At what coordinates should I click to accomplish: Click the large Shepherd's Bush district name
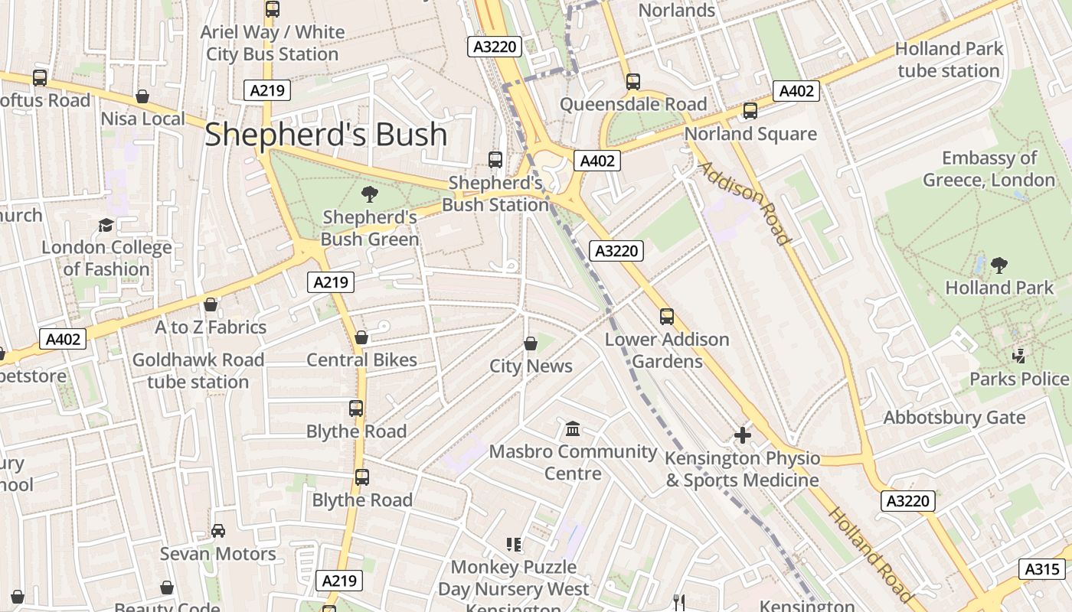tap(325, 135)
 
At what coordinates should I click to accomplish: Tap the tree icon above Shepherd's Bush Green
tap(370, 194)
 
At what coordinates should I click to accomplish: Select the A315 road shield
tap(1042, 569)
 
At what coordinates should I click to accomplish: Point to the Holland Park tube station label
tap(949, 60)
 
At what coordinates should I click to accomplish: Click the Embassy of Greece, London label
tap(989, 169)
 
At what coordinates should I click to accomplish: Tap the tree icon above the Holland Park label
tap(998, 265)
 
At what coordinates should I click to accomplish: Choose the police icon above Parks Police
tap(1018, 356)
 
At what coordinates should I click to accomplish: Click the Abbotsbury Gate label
tap(954, 418)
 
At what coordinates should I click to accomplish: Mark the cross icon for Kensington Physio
tap(742, 436)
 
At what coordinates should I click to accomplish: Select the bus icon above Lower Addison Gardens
tap(667, 316)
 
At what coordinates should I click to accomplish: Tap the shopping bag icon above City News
tap(531, 343)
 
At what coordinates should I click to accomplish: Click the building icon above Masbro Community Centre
tap(573, 428)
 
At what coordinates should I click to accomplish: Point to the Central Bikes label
tap(361, 360)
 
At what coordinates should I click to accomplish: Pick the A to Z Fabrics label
tap(211, 327)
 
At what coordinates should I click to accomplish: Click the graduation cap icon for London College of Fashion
tap(106, 225)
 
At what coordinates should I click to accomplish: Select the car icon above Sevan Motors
tap(218, 531)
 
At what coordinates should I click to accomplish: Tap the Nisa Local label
tap(142, 119)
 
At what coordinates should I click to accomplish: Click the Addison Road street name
tap(744, 203)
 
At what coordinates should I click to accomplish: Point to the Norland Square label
tap(750, 134)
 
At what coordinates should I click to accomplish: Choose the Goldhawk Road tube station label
tap(198, 371)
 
